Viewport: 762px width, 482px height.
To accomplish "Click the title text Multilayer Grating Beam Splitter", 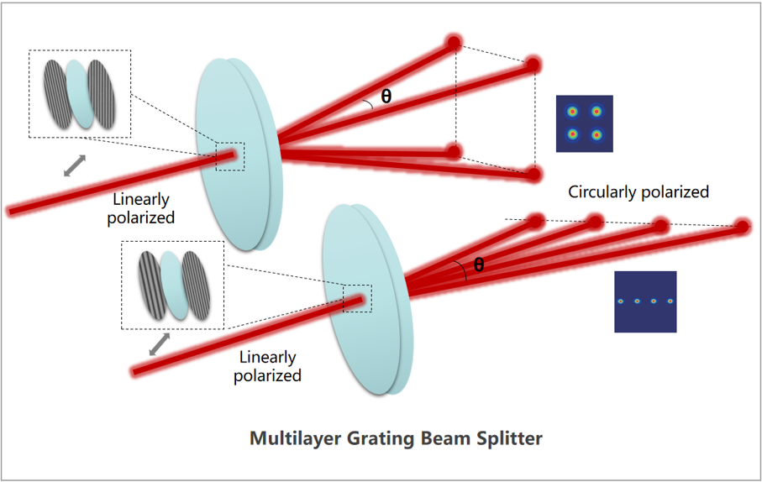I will [x=397, y=438].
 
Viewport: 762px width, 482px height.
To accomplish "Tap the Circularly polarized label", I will [x=639, y=192].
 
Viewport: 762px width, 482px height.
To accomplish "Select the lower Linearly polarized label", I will [x=267, y=366].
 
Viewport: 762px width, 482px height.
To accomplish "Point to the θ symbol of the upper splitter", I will [x=386, y=97].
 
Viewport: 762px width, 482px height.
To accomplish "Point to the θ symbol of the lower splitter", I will [x=479, y=265].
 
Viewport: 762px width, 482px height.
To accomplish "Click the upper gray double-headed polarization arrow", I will [x=76, y=165].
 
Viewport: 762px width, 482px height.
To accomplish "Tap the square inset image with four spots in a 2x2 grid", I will [x=584, y=123].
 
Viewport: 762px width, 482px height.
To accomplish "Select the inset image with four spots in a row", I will [x=645, y=301].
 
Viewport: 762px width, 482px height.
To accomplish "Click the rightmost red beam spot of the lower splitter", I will [x=742, y=227].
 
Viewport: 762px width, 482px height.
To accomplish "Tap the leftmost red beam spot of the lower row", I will [x=533, y=223].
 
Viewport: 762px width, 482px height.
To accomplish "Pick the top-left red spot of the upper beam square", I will [x=455, y=42].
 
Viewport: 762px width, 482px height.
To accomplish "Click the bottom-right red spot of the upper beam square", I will [x=533, y=175].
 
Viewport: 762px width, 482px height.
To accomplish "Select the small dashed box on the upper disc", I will [x=229, y=157].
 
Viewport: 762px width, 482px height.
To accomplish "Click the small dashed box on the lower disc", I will [x=357, y=298].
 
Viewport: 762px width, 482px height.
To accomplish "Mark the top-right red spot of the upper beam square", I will [x=533, y=65].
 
